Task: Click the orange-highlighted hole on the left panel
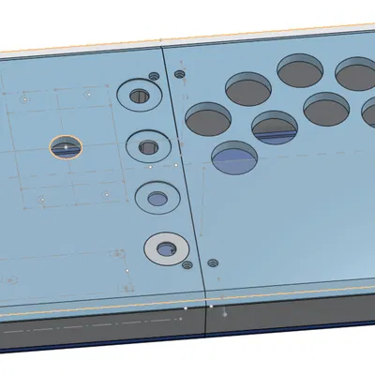click(66, 146)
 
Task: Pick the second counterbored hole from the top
click(147, 145)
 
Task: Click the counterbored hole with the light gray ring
click(166, 248)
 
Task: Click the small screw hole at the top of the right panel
click(180, 74)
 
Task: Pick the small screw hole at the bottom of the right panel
click(213, 263)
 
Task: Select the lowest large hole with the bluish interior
click(234, 157)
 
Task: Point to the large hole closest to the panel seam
click(208, 117)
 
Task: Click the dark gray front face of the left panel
click(94, 333)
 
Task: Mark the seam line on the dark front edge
click(204, 324)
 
